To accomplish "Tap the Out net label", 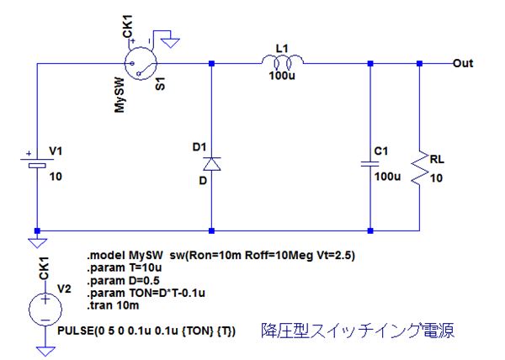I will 463,63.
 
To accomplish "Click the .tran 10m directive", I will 112,306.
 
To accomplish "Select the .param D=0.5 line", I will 123,280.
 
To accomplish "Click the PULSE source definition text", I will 147,331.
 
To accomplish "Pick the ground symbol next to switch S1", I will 170,39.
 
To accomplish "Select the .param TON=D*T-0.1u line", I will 147,294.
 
